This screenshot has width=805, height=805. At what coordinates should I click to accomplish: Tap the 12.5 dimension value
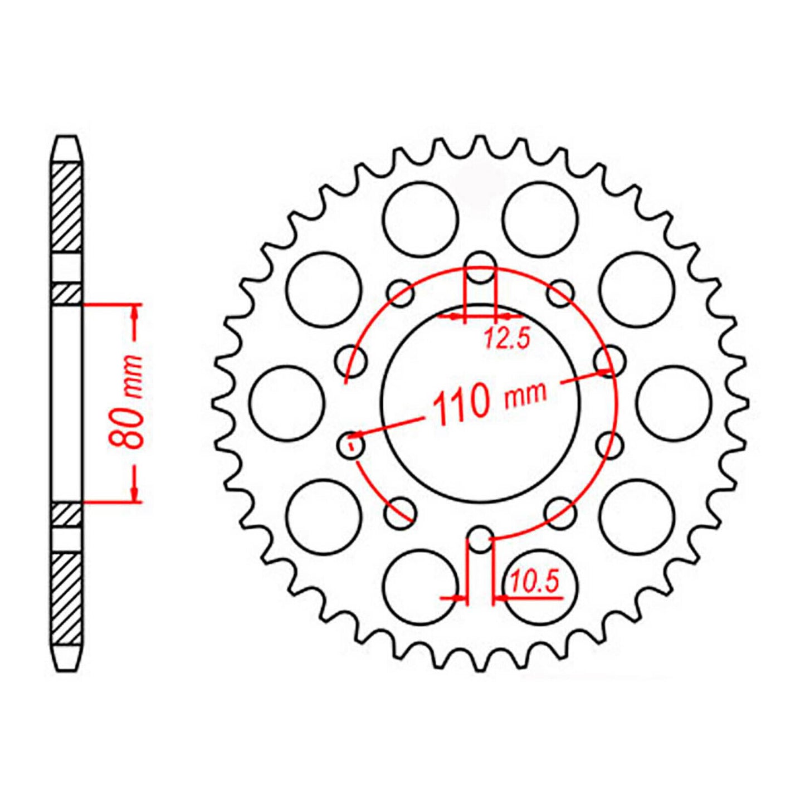pyautogui.click(x=506, y=339)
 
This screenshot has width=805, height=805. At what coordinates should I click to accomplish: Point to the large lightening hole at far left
pyautogui.click(x=287, y=403)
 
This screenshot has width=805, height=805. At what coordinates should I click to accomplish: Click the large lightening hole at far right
pyautogui.click(x=674, y=403)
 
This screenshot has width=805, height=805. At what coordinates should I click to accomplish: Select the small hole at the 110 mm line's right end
pyautogui.click(x=608, y=361)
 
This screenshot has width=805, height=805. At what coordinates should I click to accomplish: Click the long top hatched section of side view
pyautogui.click(x=67, y=207)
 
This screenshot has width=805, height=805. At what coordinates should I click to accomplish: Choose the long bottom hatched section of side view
pyautogui.click(x=67, y=599)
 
